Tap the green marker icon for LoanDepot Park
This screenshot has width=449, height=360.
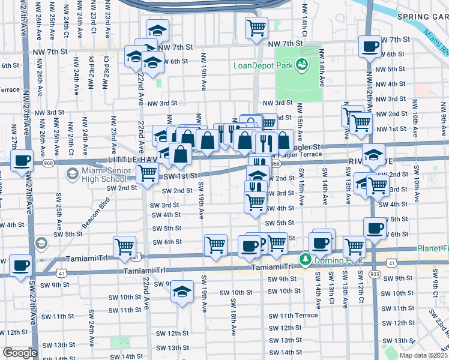[302, 65]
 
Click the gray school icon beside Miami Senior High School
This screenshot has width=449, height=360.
[72, 174]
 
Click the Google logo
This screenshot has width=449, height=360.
[20, 353]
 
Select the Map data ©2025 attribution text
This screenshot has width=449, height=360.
[423, 355]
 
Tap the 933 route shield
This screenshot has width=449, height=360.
[376, 272]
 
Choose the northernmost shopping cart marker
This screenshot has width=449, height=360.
[256, 26]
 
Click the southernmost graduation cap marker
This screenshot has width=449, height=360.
[182, 292]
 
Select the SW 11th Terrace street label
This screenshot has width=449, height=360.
[293, 316]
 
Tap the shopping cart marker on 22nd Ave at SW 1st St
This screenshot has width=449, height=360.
[147, 173]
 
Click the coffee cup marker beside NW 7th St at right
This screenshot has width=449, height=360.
[370, 46]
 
